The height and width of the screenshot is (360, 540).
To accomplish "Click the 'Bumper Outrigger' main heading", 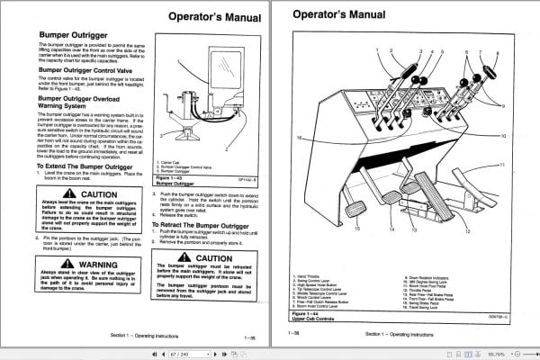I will point(75,37).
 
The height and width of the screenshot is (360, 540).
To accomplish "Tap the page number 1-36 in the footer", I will point(294,332).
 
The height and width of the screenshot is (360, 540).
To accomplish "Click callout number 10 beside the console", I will point(503,135).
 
